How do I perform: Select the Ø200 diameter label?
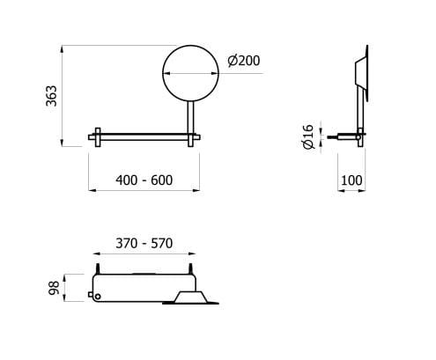(242, 61)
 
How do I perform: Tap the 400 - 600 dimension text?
(144, 180)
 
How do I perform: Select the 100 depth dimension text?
(352, 180)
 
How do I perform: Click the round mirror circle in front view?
(189, 73)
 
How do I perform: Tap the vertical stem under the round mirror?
(189, 116)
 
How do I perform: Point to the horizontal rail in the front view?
(145, 136)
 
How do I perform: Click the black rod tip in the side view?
(332, 137)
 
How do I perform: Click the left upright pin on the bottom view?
(99, 268)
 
